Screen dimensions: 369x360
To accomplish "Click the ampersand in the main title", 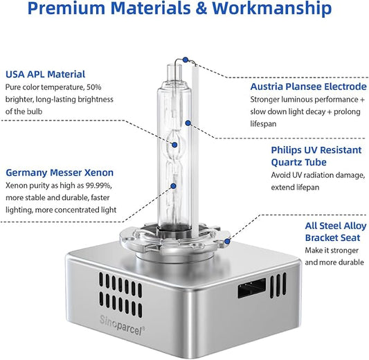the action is (201, 8).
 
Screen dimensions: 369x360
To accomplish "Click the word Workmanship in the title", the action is (271, 8).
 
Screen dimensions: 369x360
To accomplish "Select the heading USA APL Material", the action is (45, 74).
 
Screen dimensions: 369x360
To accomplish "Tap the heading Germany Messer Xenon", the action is (60, 172).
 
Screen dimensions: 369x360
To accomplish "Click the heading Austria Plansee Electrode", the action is (308, 87).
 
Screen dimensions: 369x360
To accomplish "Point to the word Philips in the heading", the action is (286, 150).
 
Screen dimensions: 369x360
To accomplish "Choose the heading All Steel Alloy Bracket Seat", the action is (336, 232).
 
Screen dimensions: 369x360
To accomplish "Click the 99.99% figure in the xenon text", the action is (98, 186).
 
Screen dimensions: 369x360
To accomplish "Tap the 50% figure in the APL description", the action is (94, 87).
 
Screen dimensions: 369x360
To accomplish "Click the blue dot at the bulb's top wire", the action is (186, 60).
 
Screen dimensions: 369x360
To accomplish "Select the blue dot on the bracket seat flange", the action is (227, 242).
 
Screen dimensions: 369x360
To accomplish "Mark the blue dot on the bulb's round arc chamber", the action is (174, 145).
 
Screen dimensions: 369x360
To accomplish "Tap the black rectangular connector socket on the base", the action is (251, 288).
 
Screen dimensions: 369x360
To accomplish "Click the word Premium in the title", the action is (66, 8).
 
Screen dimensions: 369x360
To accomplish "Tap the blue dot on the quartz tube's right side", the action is (188, 123).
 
